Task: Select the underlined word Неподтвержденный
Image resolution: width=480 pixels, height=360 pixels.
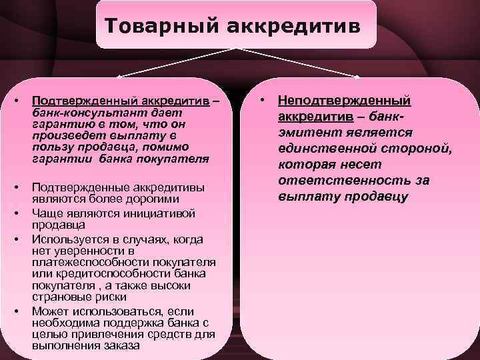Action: (x=344, y=100)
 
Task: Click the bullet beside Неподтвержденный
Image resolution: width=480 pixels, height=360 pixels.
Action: (x=264, y=100)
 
